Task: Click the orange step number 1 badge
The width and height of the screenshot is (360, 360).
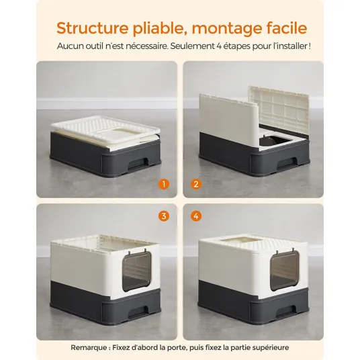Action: coord(164,184)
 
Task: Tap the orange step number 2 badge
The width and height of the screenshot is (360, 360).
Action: coord(196,184)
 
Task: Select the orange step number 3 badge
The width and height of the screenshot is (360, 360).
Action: coord(164,216)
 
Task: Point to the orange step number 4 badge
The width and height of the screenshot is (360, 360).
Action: coord(196,216)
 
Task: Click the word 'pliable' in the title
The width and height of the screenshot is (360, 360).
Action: coord(160,28)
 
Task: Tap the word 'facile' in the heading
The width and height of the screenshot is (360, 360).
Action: coord(287,28)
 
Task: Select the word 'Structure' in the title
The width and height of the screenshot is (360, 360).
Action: coord(92,28)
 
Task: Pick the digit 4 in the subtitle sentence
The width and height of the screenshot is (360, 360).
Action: coord(219,46)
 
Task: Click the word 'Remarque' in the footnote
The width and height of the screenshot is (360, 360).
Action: coord(89,348)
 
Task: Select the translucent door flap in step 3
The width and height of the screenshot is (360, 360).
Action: coord(136,271)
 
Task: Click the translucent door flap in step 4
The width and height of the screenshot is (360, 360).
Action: coord(285,271)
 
